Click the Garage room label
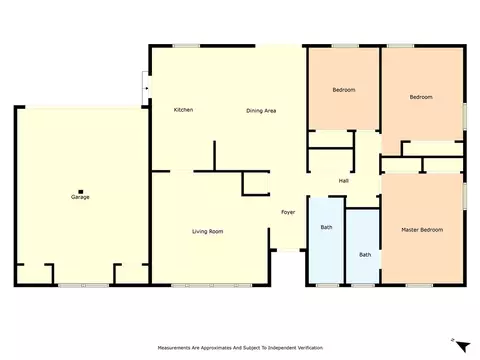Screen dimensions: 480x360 pos(80,197)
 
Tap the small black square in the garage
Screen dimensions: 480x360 pos(80,192)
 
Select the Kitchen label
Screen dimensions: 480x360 pos(183,110)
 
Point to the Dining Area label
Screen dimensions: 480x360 pos(261,111)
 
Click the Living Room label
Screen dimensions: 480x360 pos(207,231)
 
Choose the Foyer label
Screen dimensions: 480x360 pos(288,212)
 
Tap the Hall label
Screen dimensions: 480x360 pos(344,181)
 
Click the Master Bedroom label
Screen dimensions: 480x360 pos(422,230)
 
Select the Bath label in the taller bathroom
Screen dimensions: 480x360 pos(326,227)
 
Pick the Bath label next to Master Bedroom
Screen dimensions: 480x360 pos(365,255)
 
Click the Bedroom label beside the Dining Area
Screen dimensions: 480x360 pos(344,90)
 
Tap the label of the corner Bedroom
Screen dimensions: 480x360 pos(421,97)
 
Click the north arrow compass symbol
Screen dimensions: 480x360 pos(462,346)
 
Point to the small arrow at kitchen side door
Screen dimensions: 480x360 pos(147,88)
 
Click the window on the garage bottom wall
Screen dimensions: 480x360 pos(83,285)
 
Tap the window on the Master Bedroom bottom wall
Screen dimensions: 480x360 pos(419,285)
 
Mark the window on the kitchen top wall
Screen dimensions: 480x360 pos(186,46)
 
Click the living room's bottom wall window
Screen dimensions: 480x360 pos(212,285)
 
